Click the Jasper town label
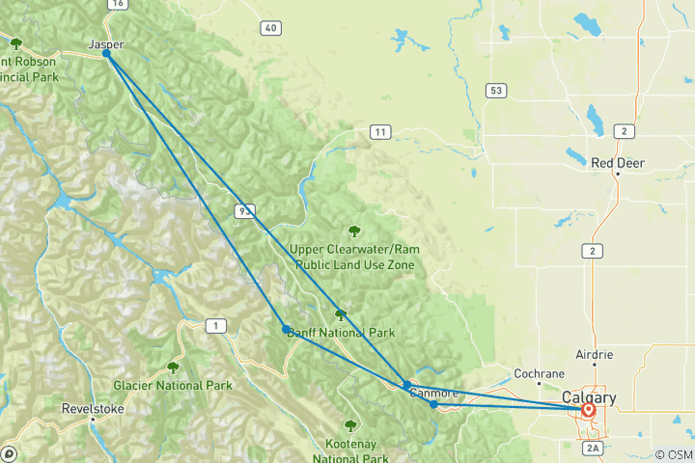[x=106, y=44]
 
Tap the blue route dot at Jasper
[x=106, y=54]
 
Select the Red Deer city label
[x=618, y=163]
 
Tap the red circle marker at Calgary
[x=588, y=410]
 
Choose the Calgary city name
[x=589, y=397]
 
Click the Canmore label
[x=433, y=393]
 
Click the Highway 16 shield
[x=117, y=5]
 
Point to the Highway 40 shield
[x=270, y=28]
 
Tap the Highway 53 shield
[x=496, y=91]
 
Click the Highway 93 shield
[x=242, y=209]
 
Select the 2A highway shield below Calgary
[x=592, y=448]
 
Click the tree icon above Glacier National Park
[x=173, y=368]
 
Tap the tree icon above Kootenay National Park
[x=350, y=424]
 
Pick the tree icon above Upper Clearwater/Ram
[x=354, y=231]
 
